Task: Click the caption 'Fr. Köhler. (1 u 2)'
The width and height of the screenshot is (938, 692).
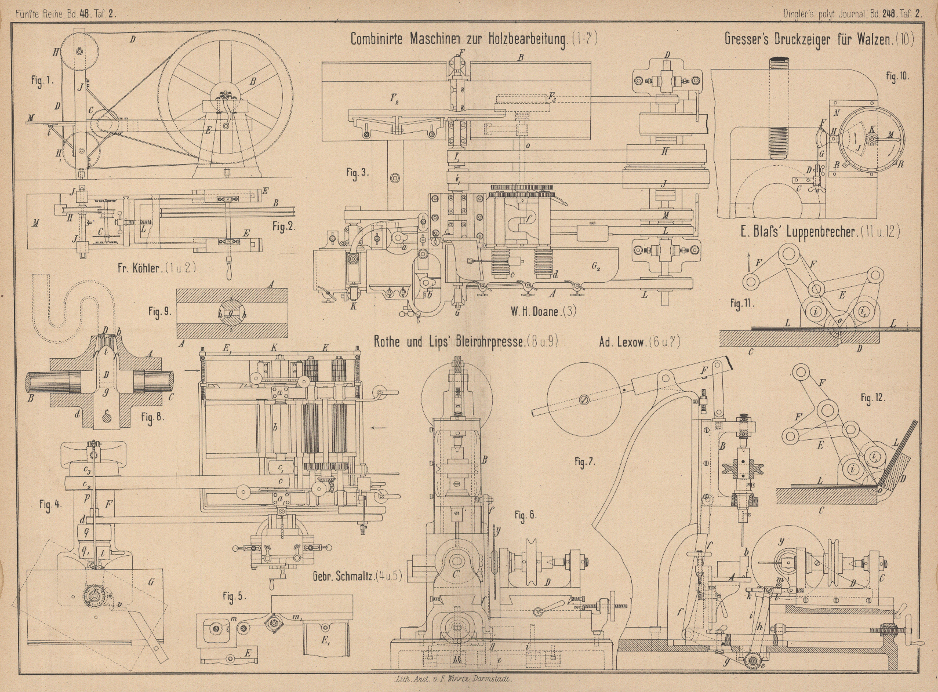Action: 139,268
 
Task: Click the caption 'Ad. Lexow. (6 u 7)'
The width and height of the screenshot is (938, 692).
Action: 639,342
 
